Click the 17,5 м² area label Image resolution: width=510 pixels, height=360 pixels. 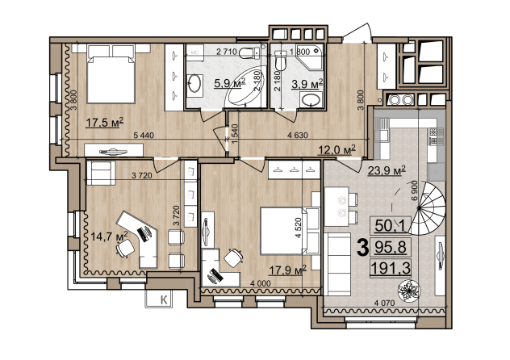point(105,123)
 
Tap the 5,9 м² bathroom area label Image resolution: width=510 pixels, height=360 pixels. point(229,83)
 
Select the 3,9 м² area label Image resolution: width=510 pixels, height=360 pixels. point(307,84)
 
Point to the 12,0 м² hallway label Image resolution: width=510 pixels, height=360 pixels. point(337,150)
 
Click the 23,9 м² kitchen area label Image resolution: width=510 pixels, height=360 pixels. point(387,170)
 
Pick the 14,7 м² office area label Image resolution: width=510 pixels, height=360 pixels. point(109,236)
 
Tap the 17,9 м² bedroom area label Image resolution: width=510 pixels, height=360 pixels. point(288,270)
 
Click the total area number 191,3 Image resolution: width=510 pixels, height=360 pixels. point(391,269)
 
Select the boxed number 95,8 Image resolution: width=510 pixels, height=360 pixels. point(391,248)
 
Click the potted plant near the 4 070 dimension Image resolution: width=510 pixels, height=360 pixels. point(409,290)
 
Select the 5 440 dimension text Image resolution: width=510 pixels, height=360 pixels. point(144,136)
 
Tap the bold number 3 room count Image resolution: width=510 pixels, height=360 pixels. point(362,248)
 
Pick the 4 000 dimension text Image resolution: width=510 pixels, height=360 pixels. point(260,283)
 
